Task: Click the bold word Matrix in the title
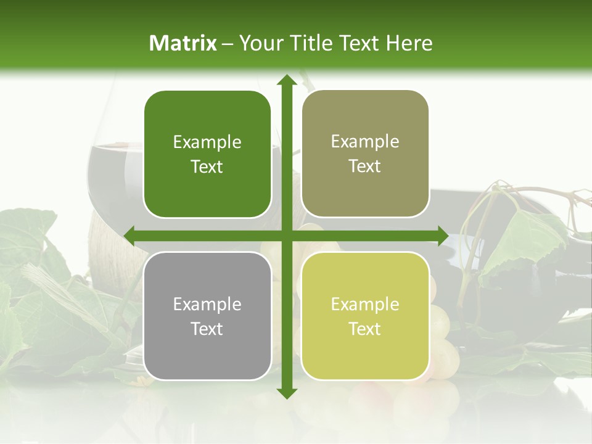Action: click(x=183, y=43)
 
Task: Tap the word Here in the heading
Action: click(x=409, y=43)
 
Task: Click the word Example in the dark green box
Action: click(x=207, y=142)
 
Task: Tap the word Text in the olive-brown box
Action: click(x=365, y=166)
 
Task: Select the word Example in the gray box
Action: click(x=207, y=305)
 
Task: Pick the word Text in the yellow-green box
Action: click(x=365, y=329)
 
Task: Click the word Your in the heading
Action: click(x=258, y=43)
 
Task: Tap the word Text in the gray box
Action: click(x=207, y=329)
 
